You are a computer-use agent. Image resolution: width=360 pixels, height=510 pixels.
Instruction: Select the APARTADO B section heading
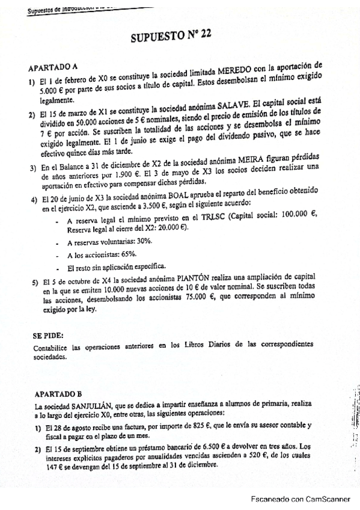pyautogui.click(x=58, y=395)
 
